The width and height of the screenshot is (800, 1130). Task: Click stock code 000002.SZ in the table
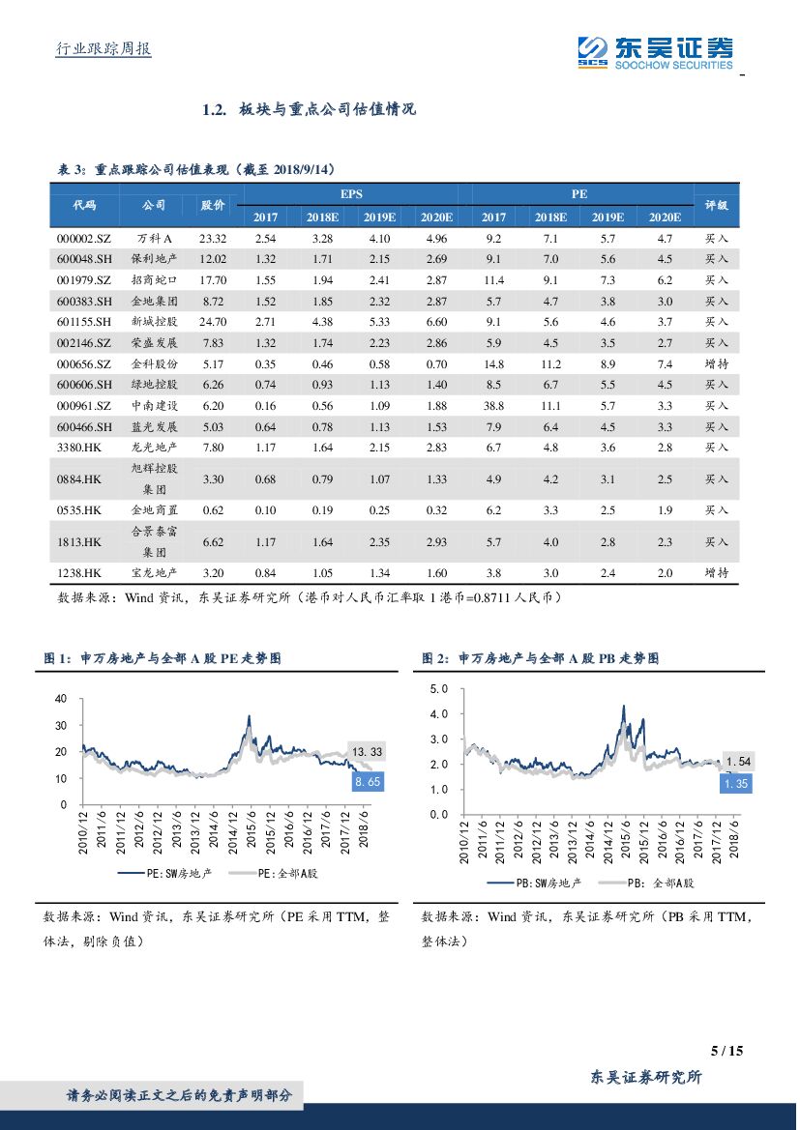84,238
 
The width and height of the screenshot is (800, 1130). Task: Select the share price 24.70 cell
212,322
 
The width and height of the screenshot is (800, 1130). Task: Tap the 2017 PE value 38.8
493,406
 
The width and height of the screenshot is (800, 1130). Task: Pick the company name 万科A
154,238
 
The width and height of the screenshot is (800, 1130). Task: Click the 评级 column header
716,205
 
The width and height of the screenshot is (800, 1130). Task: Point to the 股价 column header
212,205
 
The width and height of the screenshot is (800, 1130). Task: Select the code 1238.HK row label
79,573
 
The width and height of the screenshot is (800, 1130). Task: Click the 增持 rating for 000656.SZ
716,364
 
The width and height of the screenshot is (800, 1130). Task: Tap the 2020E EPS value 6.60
436,322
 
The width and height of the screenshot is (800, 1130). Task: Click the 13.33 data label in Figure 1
366,751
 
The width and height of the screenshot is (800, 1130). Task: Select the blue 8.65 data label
366,782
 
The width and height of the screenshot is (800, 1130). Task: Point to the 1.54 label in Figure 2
737,762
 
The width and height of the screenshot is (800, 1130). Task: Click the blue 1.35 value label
735,784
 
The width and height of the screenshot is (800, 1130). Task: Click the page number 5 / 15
726,1051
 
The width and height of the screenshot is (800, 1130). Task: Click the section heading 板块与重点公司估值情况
326,109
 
